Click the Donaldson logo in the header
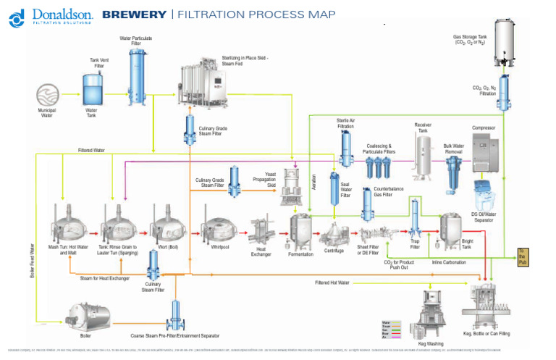50,15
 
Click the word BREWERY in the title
134,14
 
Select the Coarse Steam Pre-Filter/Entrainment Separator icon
175,313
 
